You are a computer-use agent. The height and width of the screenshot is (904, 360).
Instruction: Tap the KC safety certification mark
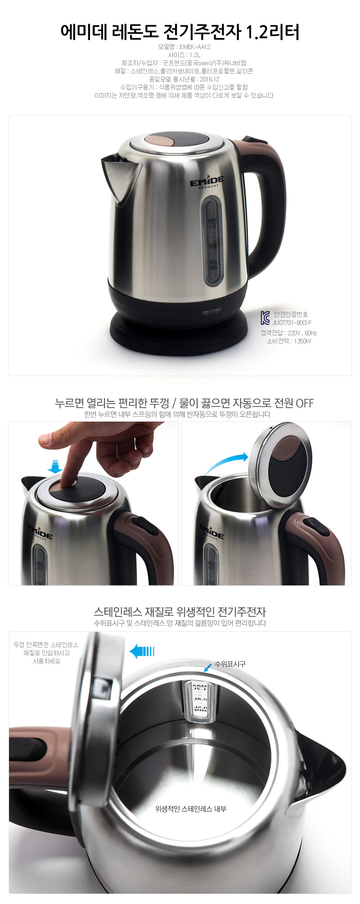265,318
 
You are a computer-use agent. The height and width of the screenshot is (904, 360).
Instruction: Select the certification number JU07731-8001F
292,322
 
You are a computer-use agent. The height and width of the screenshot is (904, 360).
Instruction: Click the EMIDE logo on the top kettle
207,183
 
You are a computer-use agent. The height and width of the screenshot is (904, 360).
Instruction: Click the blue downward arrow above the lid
55,466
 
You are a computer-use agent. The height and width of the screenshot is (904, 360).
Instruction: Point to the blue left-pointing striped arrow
142,651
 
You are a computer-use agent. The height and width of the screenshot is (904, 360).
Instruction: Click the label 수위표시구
230,664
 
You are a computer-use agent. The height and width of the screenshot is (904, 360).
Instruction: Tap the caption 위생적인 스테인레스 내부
191,809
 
